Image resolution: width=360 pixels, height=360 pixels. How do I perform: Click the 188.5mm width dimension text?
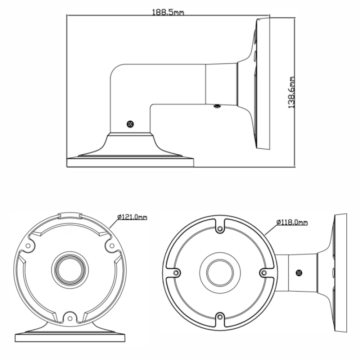click(168, 12)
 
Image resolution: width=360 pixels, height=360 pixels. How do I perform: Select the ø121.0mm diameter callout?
click(132, 217)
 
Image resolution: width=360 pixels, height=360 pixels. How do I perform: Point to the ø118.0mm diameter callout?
click(292, 222)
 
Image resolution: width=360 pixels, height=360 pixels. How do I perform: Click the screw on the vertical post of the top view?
click(130, 124)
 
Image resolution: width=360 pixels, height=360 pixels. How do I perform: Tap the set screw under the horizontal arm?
click(217, 106)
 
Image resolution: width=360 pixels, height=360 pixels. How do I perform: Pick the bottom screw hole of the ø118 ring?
click(220, 316)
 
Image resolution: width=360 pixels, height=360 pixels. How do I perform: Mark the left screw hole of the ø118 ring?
click(175, 273)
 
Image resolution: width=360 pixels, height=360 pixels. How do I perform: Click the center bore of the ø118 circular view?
click(220, 273)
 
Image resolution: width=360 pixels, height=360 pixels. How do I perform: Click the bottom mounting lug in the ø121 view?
click(69, 318)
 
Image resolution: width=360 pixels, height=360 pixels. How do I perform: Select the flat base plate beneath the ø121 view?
click(70, 338)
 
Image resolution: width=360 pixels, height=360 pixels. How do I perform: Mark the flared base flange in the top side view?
click(130, 148)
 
